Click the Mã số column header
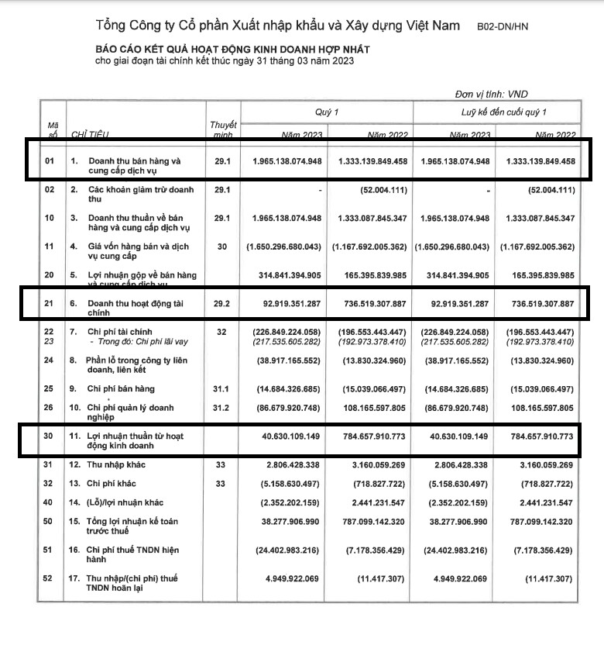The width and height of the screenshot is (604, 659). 53,129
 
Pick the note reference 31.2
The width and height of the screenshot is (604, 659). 221,407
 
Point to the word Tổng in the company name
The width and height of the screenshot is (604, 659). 112,27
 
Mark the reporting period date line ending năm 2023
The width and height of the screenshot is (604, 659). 224,61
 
